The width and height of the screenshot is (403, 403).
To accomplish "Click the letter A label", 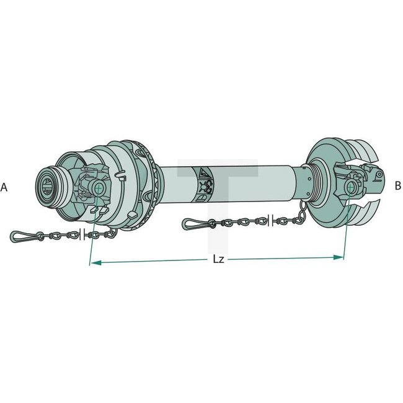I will tap(4, 187).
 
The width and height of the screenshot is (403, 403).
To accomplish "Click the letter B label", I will tap(398, 185).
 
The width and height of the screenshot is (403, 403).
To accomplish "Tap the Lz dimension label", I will tap(218, 259).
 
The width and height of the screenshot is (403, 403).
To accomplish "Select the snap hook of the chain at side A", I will tap(24, 236).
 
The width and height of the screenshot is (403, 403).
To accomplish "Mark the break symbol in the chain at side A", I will tap(82, 234).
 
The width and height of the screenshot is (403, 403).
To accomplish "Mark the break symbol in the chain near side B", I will tap(270, 219).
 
